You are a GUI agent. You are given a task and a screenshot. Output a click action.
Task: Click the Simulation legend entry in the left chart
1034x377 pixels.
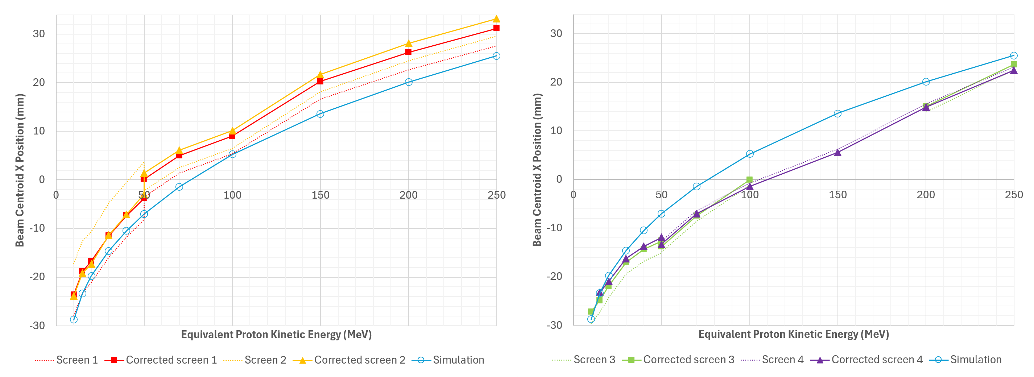[x=450, y=360]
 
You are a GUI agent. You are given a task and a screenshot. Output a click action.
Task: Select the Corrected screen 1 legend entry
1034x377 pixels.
[x=161, y=360]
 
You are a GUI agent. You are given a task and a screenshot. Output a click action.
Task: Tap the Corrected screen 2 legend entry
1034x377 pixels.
[x=349, y=360]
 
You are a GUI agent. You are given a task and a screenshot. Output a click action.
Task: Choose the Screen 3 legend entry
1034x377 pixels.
[x=584, y=360]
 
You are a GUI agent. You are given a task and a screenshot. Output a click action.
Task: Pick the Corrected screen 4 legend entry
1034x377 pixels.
[x=867, y=360]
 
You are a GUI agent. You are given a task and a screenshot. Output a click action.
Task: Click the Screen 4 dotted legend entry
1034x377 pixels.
[x=772, y=360]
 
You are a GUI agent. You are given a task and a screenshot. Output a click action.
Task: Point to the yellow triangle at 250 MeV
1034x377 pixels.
[x=497, y=19]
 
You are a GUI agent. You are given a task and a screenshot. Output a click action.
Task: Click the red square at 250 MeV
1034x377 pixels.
[x=497, y=28]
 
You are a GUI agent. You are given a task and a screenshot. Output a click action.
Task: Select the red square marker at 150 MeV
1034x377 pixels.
[x=320, y=81]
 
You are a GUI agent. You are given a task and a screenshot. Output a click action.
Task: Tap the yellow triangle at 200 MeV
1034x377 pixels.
[x=409, y=43]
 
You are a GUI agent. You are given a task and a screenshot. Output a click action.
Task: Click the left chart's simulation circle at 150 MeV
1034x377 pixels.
[x=320, y=114]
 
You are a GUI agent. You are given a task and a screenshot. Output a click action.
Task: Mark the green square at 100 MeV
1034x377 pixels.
[x=749, y=179]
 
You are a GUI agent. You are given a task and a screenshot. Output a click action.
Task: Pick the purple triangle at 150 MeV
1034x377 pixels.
[x=837, y=153]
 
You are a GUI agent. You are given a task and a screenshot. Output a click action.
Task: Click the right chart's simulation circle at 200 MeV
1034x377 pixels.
[x=926, y=82]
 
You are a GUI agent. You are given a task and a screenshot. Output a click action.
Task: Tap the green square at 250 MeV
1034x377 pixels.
[x=1014, y=64]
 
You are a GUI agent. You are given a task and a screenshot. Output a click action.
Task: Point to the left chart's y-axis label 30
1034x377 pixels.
[x=39, y=34]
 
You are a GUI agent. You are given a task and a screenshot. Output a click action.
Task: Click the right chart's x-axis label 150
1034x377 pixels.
[x=837, y=195]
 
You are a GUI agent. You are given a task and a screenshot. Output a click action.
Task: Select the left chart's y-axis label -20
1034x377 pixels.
[x=37, y=277]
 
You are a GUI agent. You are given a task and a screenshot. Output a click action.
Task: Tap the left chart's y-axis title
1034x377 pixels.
[x=20, y=170]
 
